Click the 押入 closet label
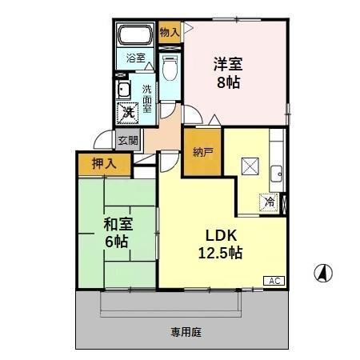99,165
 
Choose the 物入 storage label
169,32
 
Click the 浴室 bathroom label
136,58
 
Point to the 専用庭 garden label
184,330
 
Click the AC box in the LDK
274,281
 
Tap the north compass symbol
322,274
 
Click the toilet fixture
169,69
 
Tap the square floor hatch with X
250,167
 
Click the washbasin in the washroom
125,89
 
